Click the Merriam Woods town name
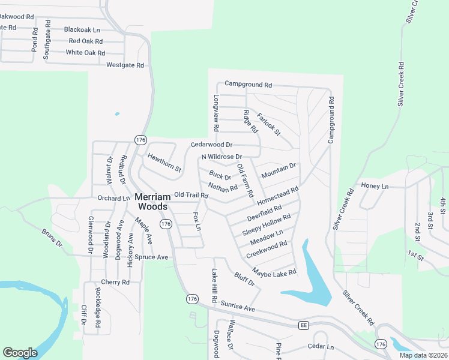click(155, 201)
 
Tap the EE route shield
click(304, 325)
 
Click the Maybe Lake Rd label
click(274, 272)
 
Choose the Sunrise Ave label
click(238, 307)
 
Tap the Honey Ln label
click(375, 187)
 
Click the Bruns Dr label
click(52, 237)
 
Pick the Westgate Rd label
click(125, 65)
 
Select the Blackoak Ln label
click(82, 29)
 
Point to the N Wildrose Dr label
click(221, 157)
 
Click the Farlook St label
click(269, 124)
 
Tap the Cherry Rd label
click(116, 282)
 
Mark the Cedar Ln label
click(321, 347)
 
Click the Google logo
click(20, 353)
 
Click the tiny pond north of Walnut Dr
click(116, 113)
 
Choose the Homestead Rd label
click(278, 196)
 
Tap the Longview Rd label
click(216, 112)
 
